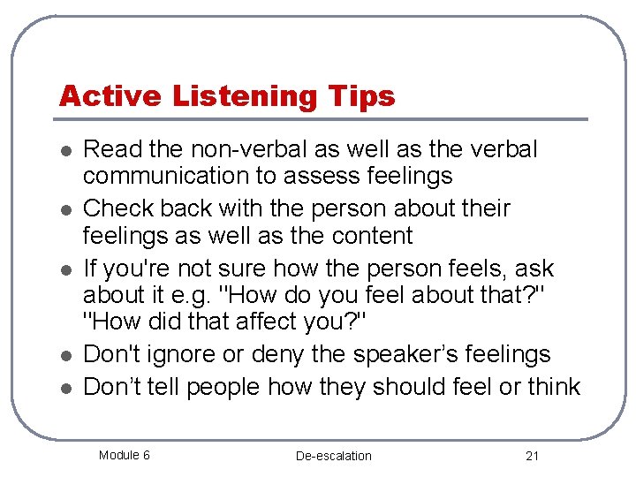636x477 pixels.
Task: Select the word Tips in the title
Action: click(x=362, y=95)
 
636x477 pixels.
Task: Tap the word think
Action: click(x=553, y=387)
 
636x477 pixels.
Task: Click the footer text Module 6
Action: click(x=124, y=455)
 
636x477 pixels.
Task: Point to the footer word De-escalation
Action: click(x=334, y=456)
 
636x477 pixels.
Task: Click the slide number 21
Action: click(x=532, y=456)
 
